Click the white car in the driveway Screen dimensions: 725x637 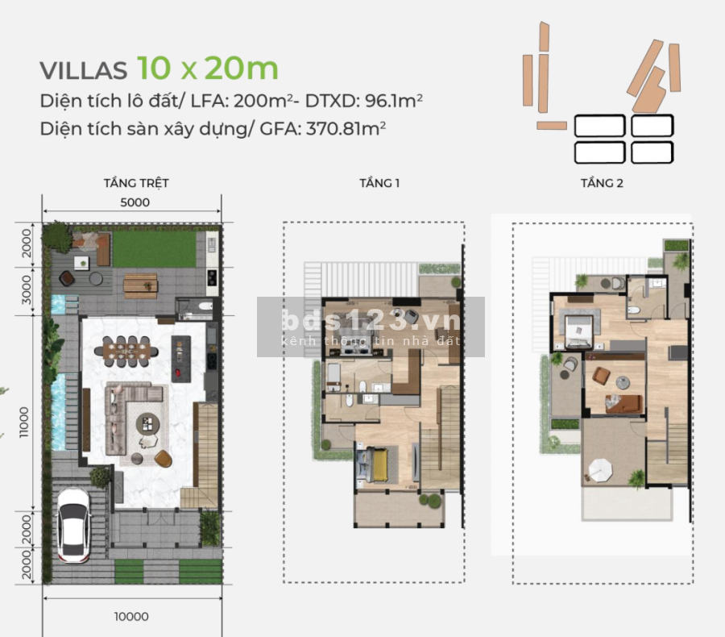coord(73,526)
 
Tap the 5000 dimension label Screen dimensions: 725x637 coord(135,202)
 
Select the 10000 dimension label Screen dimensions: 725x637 coord(132,617)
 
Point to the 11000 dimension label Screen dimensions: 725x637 coord(23,422)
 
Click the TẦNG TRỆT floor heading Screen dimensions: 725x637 coord(136,183)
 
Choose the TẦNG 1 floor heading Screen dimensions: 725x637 coord(379,183)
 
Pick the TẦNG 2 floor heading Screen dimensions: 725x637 coord(602,183)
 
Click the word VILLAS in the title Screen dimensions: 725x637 coord(83,70)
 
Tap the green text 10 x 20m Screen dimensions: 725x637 coord(208,68)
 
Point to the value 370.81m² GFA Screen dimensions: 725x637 coord(346,129)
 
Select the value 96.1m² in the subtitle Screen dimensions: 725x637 coord(393,101)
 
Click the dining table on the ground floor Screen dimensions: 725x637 coord(126,352)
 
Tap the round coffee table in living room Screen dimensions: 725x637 coord(148,423)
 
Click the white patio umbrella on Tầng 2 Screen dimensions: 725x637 coord(600,471)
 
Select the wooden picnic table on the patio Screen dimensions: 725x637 coord(140,285)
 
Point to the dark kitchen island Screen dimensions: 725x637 coord(180,359)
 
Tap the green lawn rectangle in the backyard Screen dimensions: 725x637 coord(154,249)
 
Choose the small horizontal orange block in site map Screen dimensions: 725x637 coord(552,126)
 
